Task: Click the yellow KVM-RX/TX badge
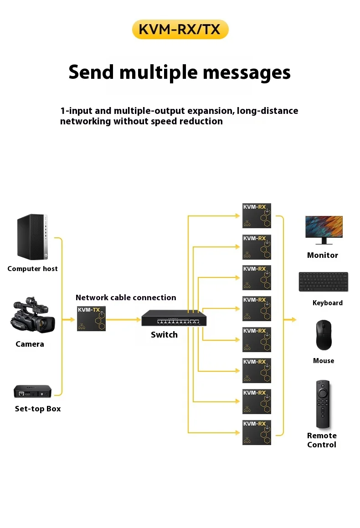coord(180,30)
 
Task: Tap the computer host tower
coord(32,237)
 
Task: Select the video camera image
coord(32,316)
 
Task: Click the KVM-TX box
coord(91,318)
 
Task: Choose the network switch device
coord(173,318)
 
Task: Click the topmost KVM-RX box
coord(257,215)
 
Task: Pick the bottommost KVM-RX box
coord(257,432)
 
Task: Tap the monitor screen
coord(324,227)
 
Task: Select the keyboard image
coord(324,282)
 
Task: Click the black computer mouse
coord(324,335)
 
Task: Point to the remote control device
coord(323,404)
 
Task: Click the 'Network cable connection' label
coord(126,297)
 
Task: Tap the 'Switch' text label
coord(164,335)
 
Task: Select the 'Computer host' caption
coord(32,269)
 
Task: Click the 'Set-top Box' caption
coord(37,409)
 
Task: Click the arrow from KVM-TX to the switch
coord(123,320)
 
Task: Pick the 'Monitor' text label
coord(323,255)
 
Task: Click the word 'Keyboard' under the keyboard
coord(327,303)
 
